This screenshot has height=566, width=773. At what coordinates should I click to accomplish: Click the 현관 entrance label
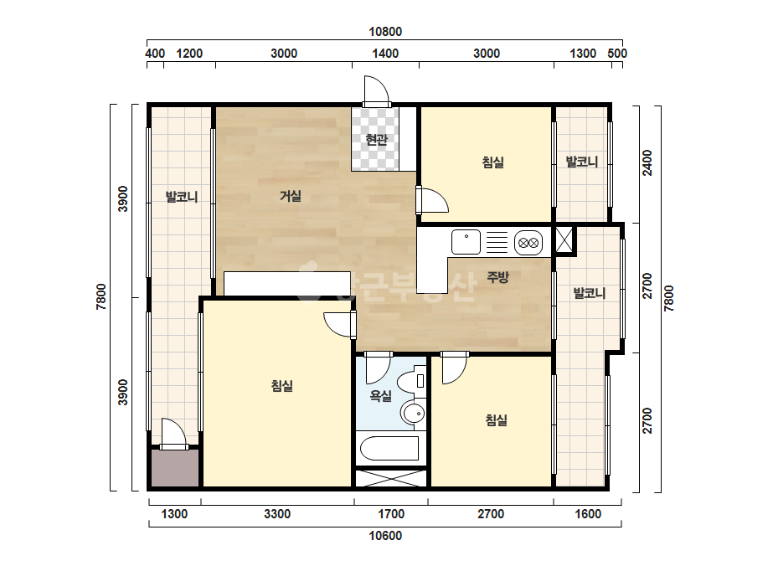click(376, 140)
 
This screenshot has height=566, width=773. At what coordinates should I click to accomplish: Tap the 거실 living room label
click(291, 196)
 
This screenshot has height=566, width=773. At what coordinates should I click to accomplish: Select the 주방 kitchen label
click(497, 277)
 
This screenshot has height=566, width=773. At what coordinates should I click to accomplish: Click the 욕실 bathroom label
click(380, 395)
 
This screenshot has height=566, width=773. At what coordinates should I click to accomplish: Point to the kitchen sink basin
click(466, 242)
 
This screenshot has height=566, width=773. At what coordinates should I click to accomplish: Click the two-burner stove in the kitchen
click(528, 243)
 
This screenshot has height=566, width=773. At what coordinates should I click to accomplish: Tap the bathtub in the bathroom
click(389, 448)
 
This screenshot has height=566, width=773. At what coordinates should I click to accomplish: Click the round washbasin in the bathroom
click(413, 413)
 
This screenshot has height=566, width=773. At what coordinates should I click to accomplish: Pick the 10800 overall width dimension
click(385, 32)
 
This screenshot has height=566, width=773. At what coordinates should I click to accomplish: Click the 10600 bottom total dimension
click(385, 536)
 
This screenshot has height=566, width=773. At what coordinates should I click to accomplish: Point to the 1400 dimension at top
click(385, 54)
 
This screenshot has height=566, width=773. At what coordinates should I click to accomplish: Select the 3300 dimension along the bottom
click(277, 514)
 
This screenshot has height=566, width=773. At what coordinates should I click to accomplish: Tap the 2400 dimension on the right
click(647, 162)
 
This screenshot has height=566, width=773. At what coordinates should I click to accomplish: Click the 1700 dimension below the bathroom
click(391, 514)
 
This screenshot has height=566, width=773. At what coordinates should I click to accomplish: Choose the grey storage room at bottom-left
click(175, 468)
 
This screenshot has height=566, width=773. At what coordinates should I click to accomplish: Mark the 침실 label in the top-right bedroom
click(493, 162)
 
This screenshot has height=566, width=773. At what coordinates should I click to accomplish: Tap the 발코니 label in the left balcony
click(182, 197)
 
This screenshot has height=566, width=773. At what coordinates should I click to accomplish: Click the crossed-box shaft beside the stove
click(564, 240)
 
